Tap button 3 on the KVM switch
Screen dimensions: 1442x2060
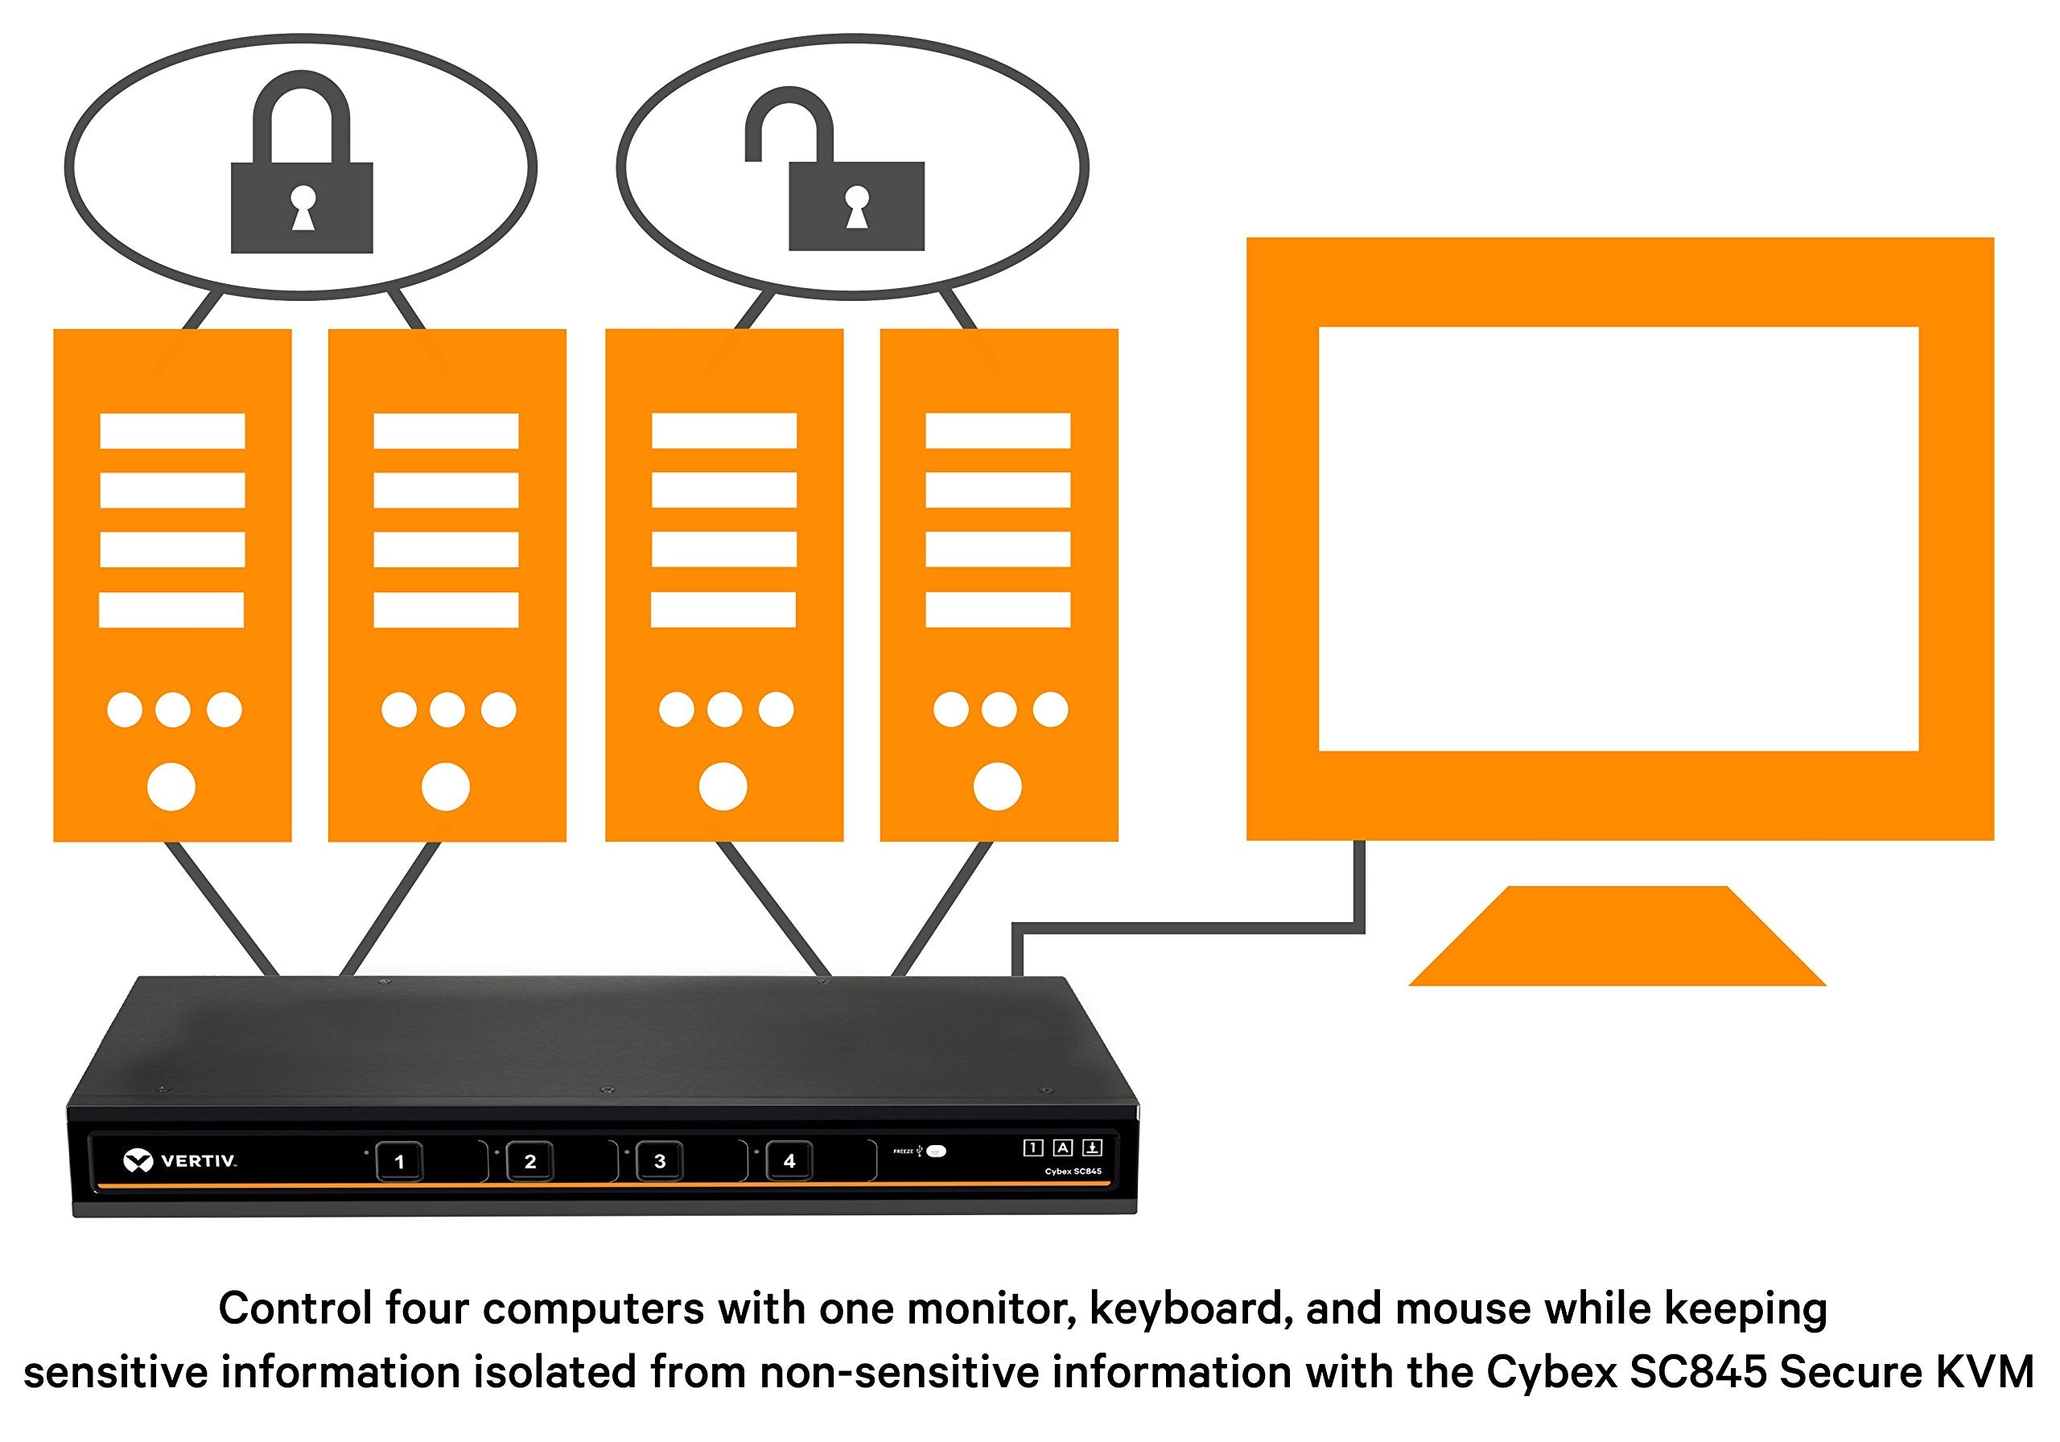[x=660, y=1161]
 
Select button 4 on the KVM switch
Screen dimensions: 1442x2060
[x=789, y=1161]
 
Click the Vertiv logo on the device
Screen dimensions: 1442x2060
[x=179, y=1161]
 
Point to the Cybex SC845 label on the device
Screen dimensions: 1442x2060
[x=1073, y=1172]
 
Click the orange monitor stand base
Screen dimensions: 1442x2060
[x=1617, y=937]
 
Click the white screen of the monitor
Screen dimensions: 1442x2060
[x=1617, y=538]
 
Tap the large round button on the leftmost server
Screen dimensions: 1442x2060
[x=171, y=787]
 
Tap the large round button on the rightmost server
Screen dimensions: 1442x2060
[x=998, y=787]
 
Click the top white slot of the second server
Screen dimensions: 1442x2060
[x=446, y=431]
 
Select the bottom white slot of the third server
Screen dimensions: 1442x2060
[x=723, y=610]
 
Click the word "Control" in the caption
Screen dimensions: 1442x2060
[x=295, y=1308]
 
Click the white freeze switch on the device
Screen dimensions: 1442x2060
[x=937, y=1152]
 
